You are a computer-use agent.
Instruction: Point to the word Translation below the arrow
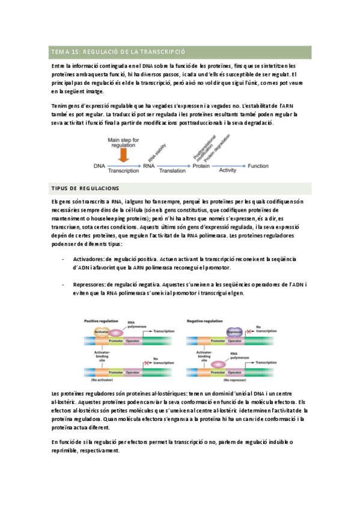[172, 171]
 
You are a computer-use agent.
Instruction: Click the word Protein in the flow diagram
[203, 165]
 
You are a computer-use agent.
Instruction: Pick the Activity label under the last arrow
[228, 171]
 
